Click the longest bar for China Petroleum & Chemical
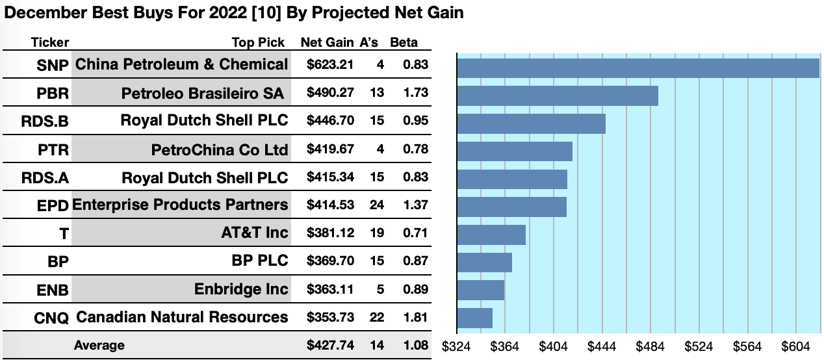(638, 68)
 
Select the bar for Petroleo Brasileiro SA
(558, 96)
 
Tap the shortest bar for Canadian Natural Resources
(475, 318)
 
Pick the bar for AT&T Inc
(491, 235)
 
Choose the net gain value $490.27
(330, 93)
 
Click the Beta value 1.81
(415, 318)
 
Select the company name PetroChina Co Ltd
(219, 150)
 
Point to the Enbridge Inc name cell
(240, 289)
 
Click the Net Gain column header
(327, 43)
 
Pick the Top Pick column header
(258, 43)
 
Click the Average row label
(99, 345)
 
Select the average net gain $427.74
(330, 345)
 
